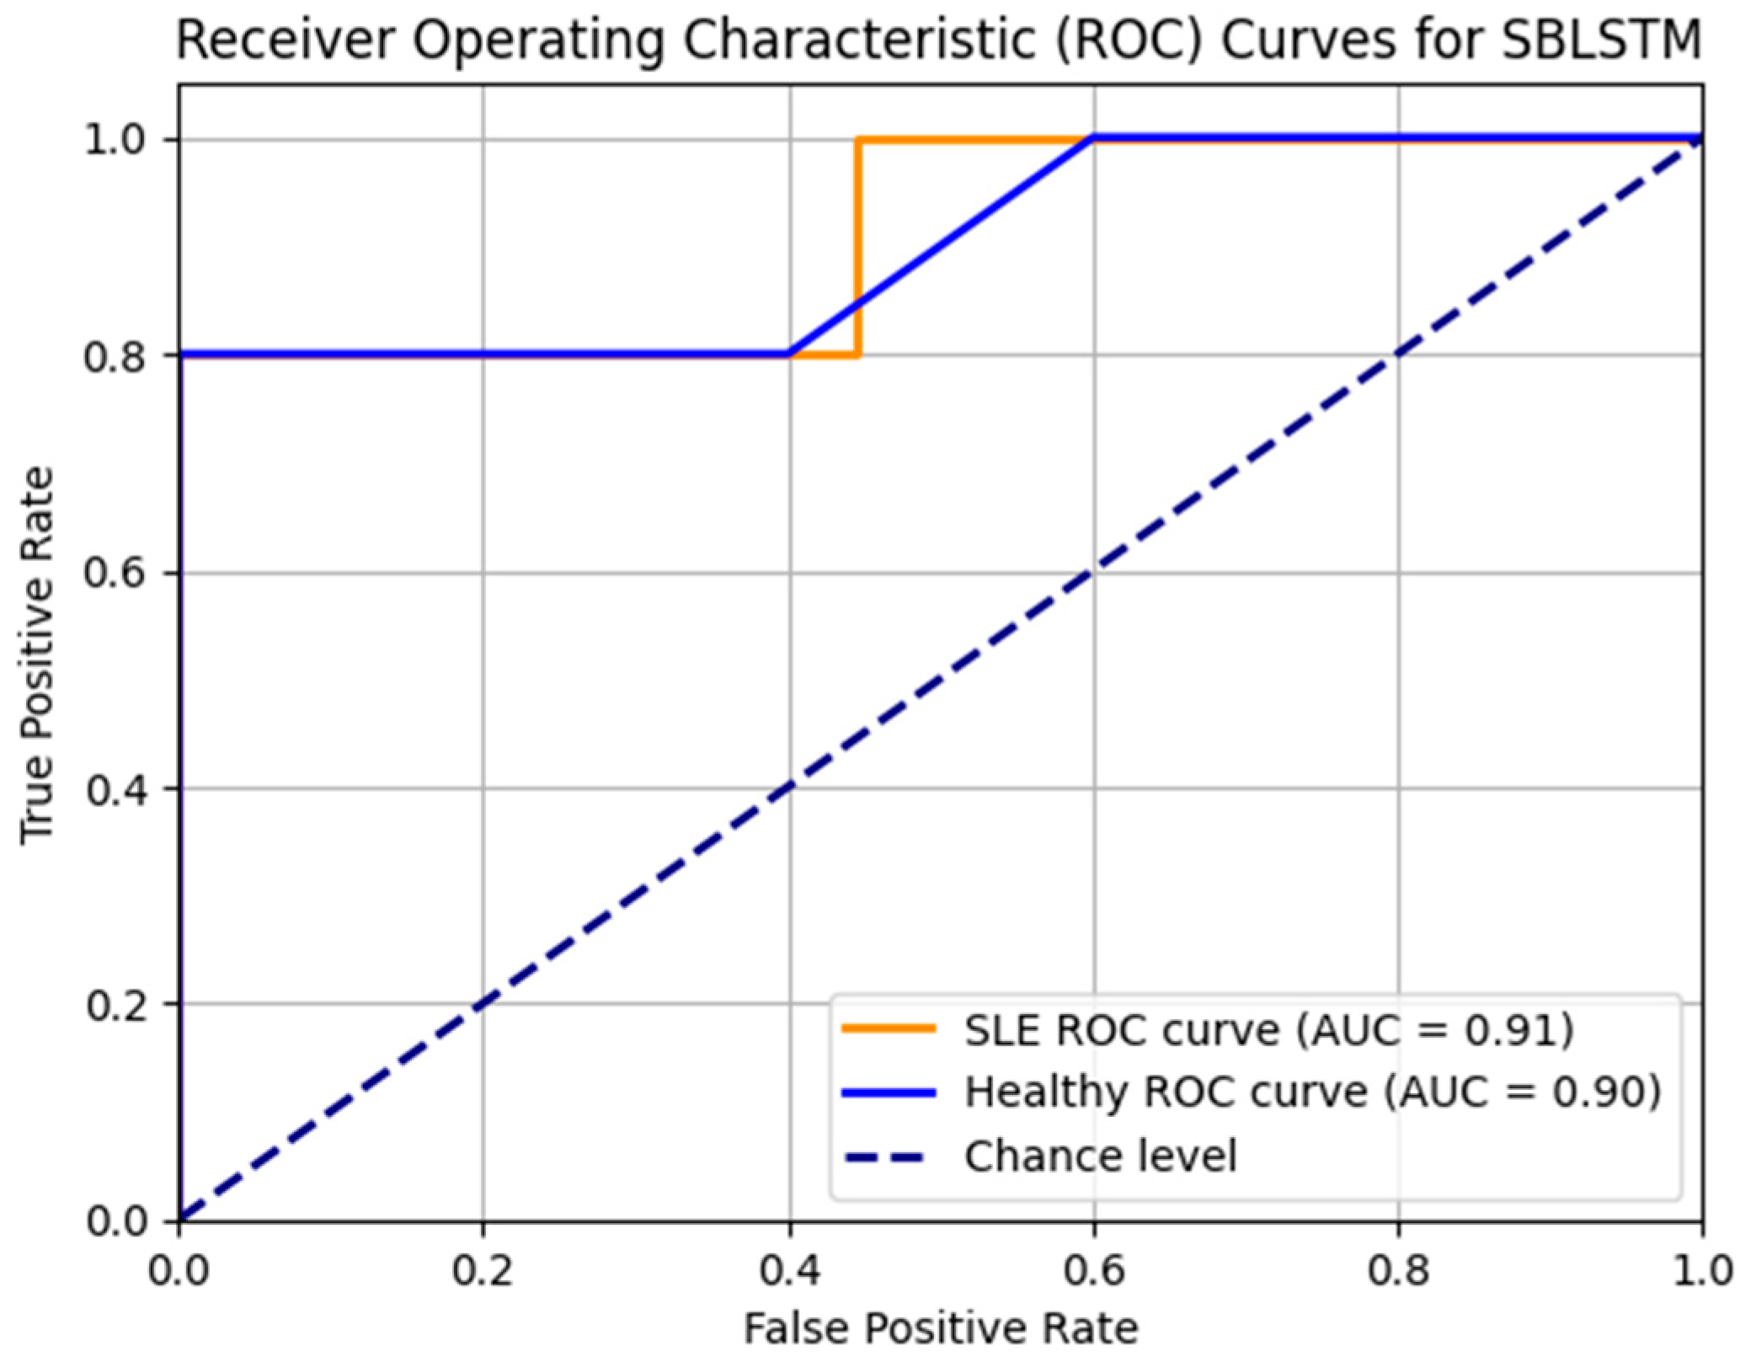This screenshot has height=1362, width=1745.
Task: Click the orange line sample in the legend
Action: click(889, 1028)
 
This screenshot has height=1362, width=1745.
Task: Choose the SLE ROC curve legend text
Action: click(1120, 1029)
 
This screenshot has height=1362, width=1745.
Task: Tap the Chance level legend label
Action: click(1100, 1156)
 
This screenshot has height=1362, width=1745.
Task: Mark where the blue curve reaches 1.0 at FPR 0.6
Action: click(1093, 138)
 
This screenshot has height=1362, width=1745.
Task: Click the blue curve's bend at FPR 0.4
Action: click(789, 354)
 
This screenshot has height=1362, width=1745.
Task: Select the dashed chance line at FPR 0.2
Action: click(483, 1004)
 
